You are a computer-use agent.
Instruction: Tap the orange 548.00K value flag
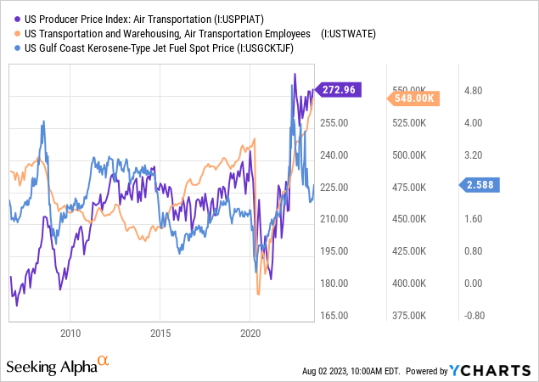(417, 98)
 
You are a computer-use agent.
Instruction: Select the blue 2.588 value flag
(480, 183)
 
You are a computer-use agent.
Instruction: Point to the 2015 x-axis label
(160, 332)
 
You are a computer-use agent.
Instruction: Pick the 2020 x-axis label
(250, 332)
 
